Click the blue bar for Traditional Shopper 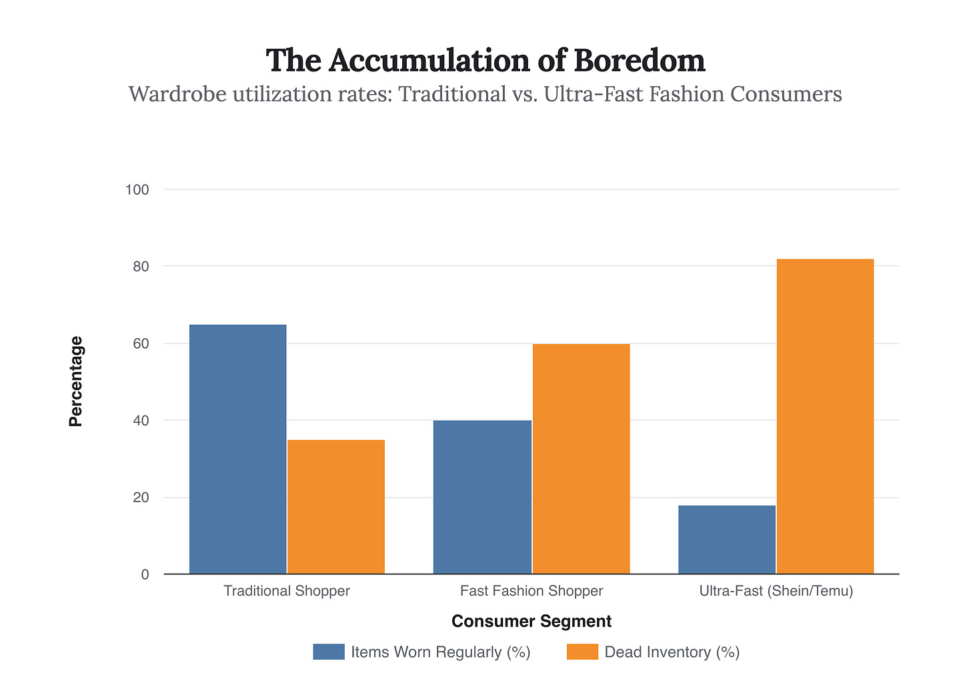point(238,449)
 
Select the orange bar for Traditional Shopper point(336,507)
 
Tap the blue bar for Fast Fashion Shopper point(482,497)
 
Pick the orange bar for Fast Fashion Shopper point(581,459)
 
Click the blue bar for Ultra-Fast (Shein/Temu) point(727,540)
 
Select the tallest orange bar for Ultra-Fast point(825,416)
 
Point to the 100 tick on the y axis point(137,190)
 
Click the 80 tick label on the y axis point(140,267)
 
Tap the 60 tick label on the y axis point(140,344)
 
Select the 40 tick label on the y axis point(140,421)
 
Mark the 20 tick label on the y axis point(140,498)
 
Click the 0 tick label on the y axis point(145,575)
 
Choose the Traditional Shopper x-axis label point(287,591)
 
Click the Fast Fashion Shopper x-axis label point(532,591)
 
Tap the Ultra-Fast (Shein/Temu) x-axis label point(776,591)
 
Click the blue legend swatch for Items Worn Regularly point(329,652)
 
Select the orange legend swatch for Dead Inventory point(582,652)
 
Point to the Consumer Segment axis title point(532,622)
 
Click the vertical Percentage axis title point(76,382)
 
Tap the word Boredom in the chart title point(639,61)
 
